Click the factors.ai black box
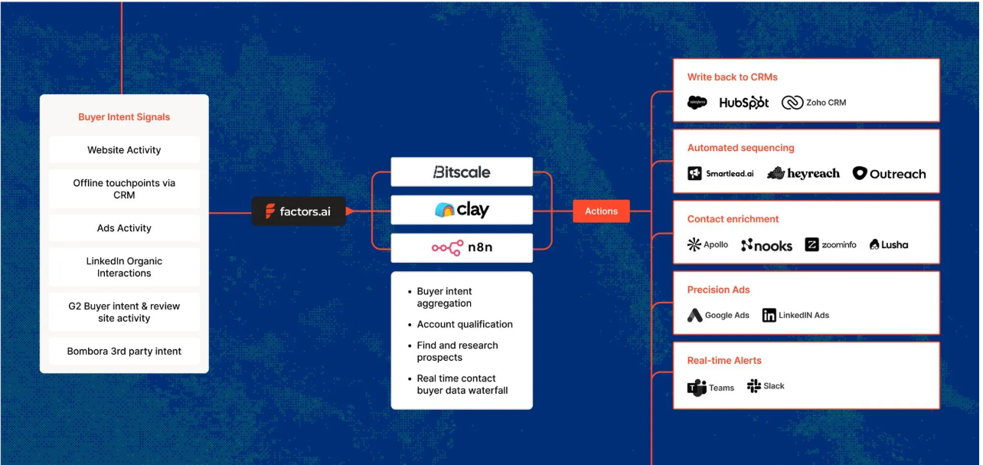click(299, 211)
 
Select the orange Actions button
click(601, 211)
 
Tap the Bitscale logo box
click(462, 172)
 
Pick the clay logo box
click(462, 210)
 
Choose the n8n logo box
click(462, 248)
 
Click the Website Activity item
click(124, 150)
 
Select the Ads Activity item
click(124, 228)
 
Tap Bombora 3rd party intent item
click(124, 352)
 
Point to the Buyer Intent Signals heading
click(124, 117)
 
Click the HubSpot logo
click(744, 103)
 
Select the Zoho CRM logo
click(814, 103)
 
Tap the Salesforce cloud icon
click(697, 103)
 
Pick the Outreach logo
click(889, 174)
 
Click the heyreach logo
click(803, 174)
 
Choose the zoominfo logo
click(831, 245)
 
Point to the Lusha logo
click(889, 245)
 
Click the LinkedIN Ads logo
click(795, 316)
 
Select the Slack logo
click(766, 386)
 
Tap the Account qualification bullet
click(465, 325)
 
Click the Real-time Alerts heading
click(724, 361)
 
